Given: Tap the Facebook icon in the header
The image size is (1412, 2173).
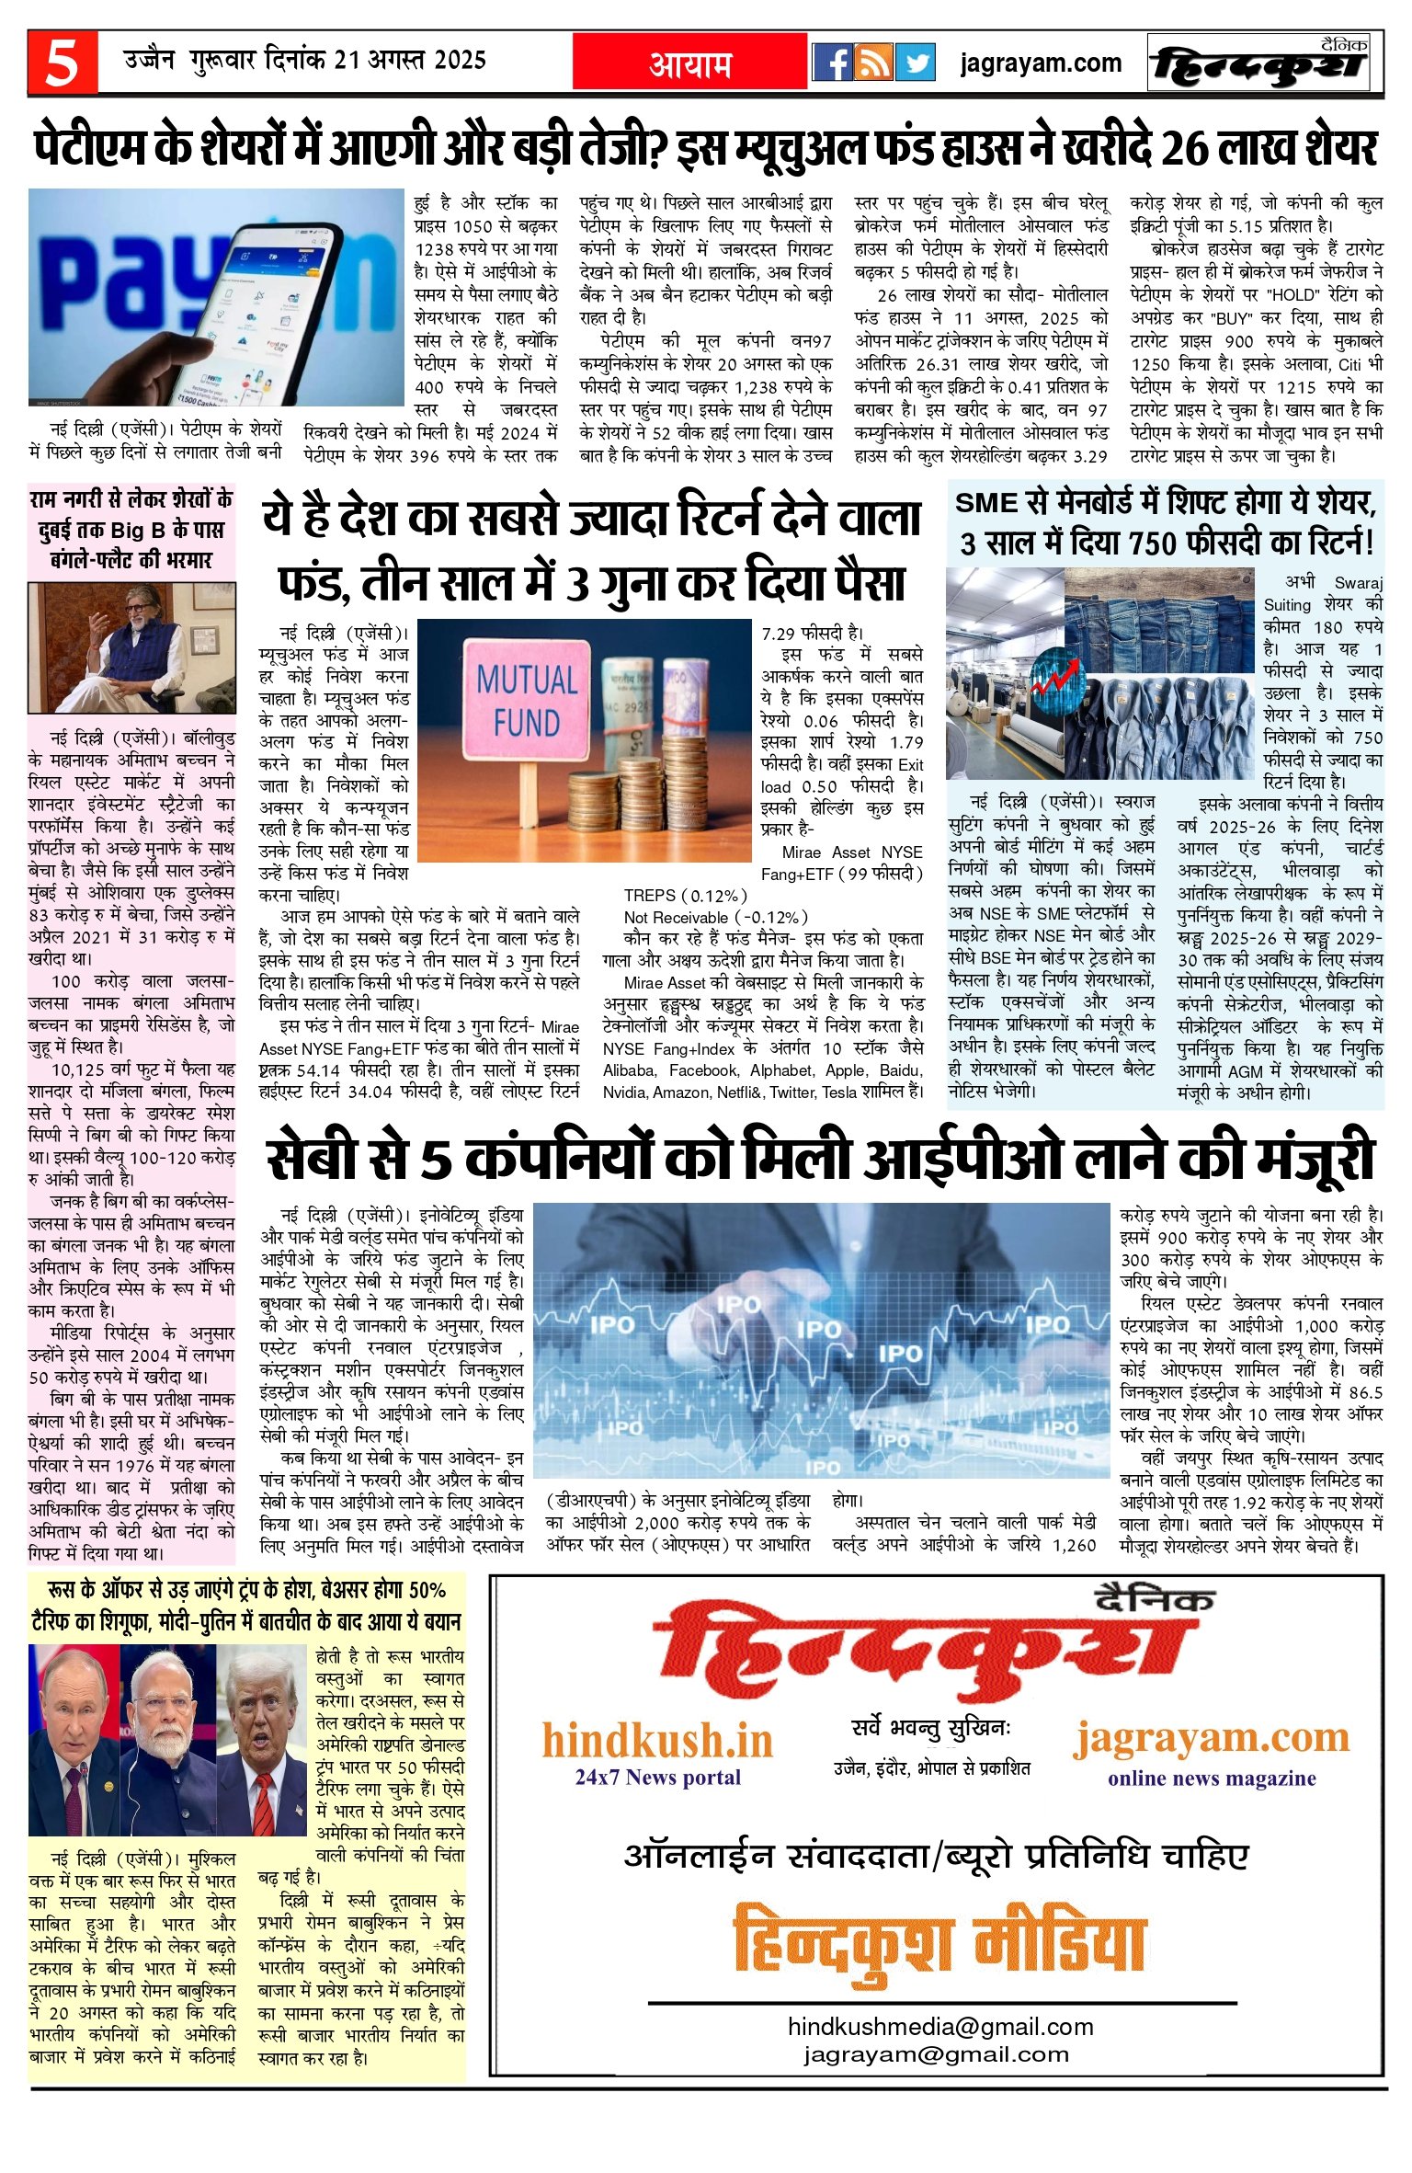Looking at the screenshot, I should [832, 63].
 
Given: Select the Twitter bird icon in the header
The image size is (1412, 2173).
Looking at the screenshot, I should [916, 63].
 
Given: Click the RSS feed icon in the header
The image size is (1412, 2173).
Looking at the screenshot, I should [873, 63].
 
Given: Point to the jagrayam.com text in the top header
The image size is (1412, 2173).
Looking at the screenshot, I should [1041, 63].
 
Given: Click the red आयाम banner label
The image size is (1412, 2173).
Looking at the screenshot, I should [690, 64].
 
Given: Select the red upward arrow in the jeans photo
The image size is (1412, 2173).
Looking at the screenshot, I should [1054, 678].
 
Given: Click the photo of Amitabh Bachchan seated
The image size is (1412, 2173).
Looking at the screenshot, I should [131, 647].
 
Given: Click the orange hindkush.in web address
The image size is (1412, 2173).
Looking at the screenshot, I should [657, 1741].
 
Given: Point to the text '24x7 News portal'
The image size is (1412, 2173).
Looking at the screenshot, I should [657, 1777].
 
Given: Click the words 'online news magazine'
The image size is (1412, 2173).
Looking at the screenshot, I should [1212, 1778].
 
